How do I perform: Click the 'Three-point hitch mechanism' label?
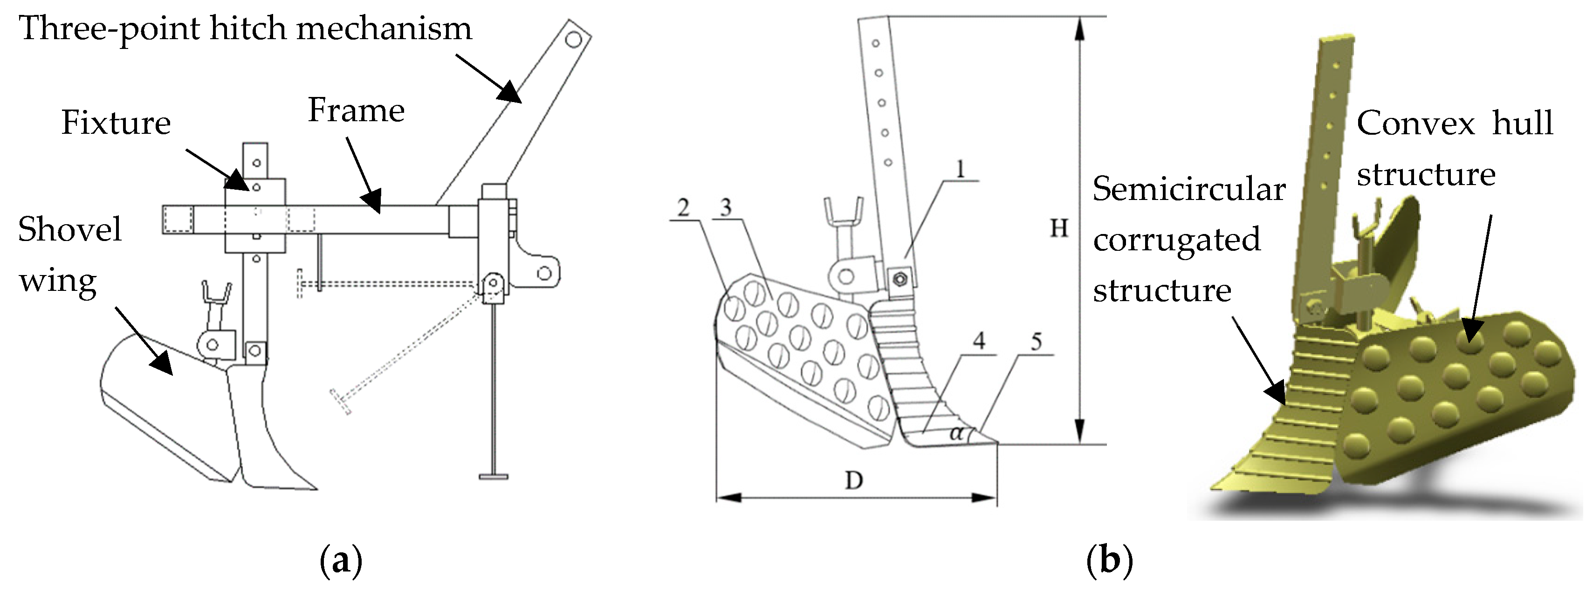coord(245,29)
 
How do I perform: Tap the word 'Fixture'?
coord(116,123)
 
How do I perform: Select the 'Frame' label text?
coord(356,111)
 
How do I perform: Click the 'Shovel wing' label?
coord(69,255)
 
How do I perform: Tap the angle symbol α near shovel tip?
coord(956,433)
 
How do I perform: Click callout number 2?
coord(683,208)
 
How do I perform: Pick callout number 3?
coord(726,208)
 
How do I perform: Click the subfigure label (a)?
coord(341,561)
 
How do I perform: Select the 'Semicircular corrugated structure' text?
coord(1188,239)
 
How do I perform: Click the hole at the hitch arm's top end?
coord(573,41)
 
